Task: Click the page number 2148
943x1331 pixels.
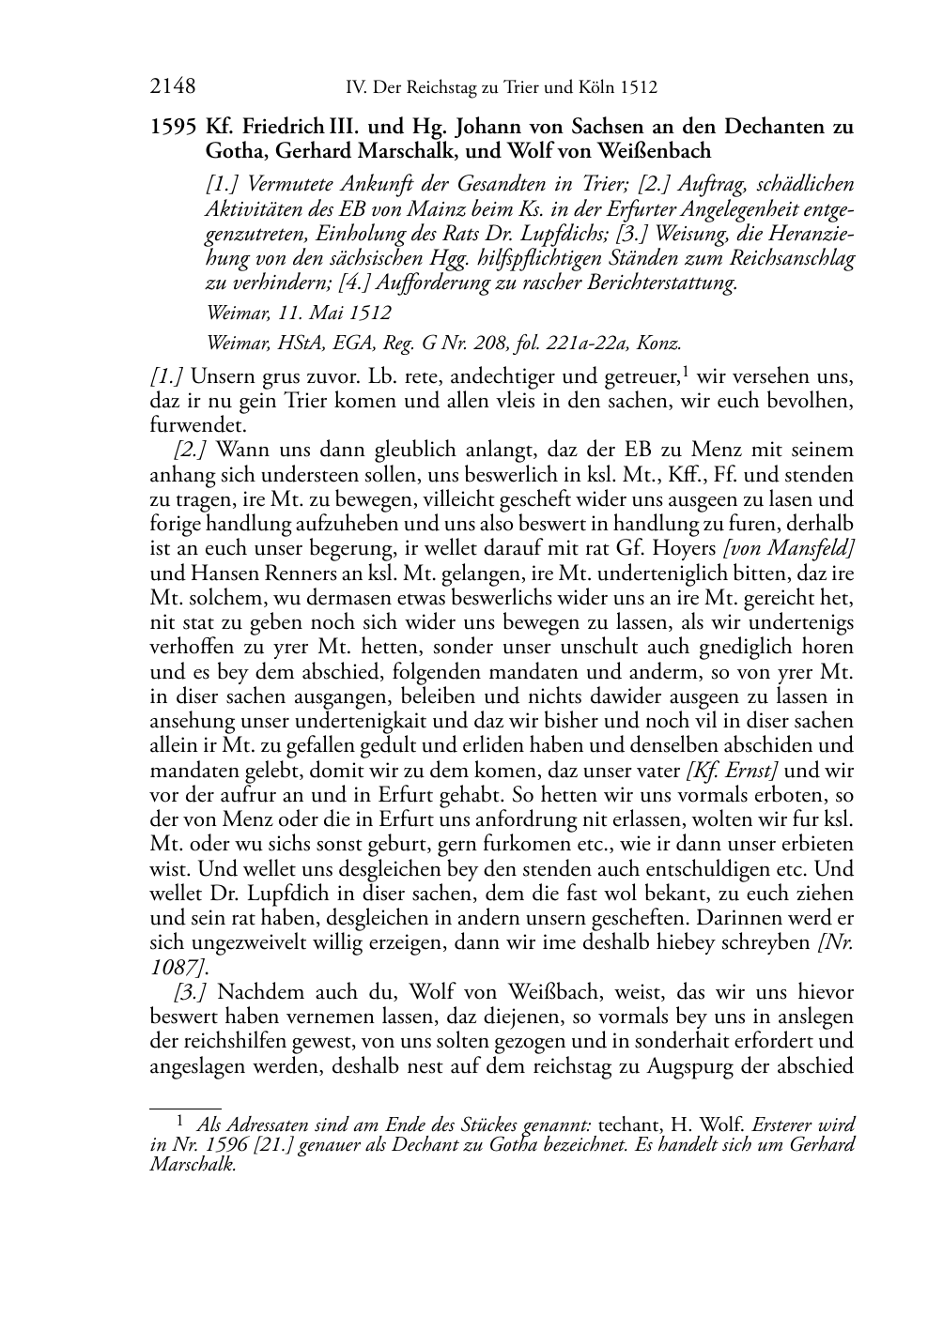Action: pos(173,88)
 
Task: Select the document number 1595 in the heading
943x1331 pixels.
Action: pos(170,127)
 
